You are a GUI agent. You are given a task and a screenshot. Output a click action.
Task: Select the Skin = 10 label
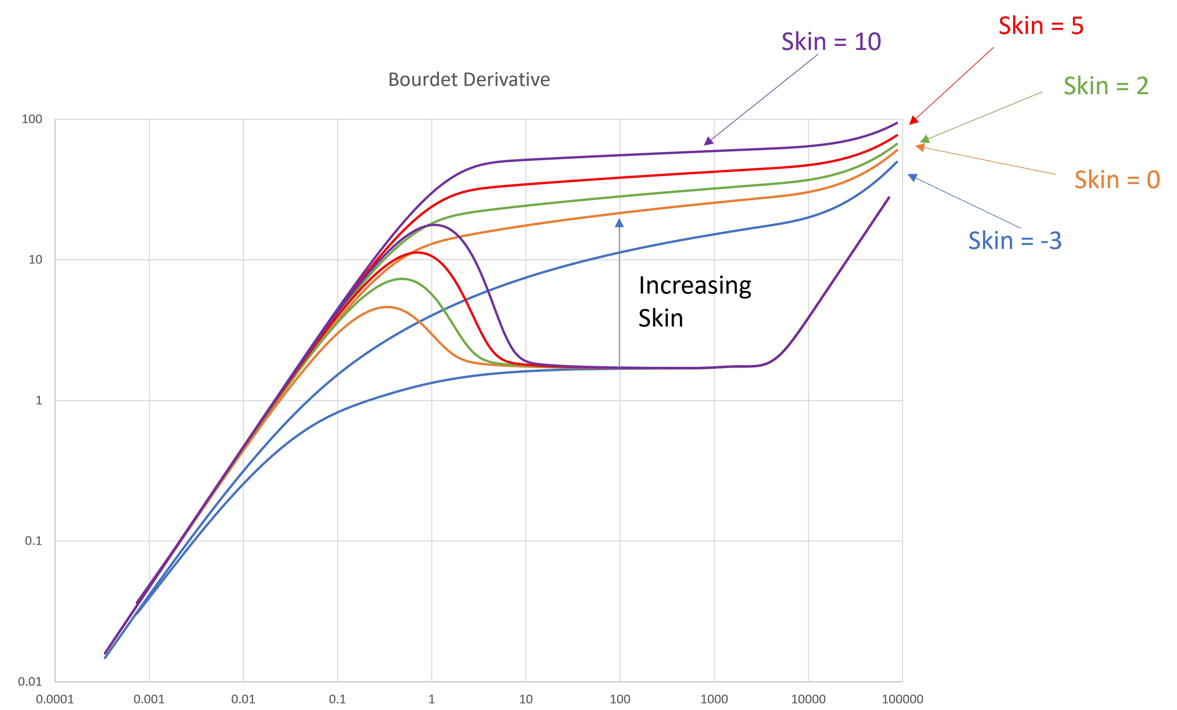click(x=831, y=42)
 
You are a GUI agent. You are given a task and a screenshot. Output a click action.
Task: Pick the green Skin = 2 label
click(x=1106, y=86)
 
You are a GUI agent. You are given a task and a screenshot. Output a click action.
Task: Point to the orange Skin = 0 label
click(x=1117, y=180)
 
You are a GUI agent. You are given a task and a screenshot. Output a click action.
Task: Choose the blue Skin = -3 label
click(x=1015, y=240)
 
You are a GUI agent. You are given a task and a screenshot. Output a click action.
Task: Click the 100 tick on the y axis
click(x=32, y=119)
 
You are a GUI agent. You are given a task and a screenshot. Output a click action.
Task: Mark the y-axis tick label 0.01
click(x=30, y=681)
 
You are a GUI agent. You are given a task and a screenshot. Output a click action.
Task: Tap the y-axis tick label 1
click(x=39, y=400)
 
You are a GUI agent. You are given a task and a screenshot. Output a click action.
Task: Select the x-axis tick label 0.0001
click(x=55, y=699)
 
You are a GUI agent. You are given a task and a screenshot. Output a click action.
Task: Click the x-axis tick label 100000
click(x=902, y=699)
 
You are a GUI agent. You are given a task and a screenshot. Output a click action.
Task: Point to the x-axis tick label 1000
click(x=714, y=699)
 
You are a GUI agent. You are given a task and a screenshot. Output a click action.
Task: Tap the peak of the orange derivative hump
click(x=387, y=307)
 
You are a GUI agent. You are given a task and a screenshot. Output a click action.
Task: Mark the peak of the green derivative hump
click(x=403, y=279)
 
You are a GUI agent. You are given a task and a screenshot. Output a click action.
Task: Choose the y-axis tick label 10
click(x=35, y=260)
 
